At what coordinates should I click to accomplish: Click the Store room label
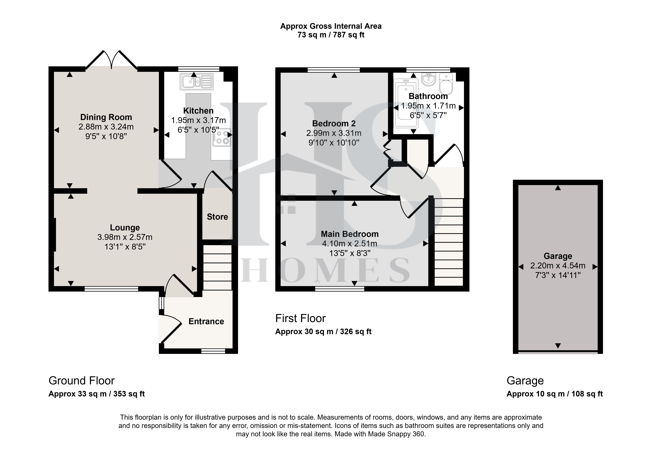tap(217, 217)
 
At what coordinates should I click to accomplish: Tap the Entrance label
tap(206, 321)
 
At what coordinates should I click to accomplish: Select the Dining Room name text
tap(106, 117)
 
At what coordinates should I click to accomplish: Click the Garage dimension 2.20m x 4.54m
tap(558, 266)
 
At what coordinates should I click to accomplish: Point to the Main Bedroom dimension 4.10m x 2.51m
tap(350, 244)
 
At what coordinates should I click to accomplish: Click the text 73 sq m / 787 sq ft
tap(331, 35)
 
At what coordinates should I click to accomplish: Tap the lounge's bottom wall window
tap(111, 289)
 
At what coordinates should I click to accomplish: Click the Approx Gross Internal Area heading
tap(331, 26)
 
